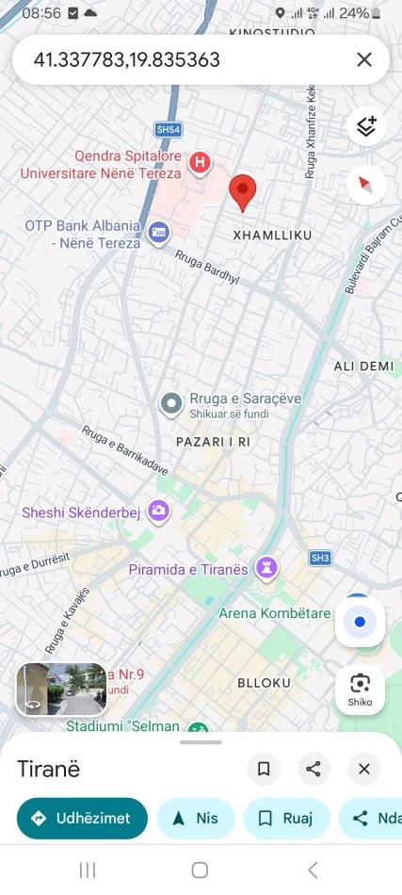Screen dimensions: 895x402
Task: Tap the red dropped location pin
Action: click(244, 191)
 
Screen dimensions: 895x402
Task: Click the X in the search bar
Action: click(364, 60)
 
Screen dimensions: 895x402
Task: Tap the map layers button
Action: click(366, 126)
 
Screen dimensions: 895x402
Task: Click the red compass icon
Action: click(366, 185)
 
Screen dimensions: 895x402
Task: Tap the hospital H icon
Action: click(199, 163)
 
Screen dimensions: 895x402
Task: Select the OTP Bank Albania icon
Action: click(158, 232)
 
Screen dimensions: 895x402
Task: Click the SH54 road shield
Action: click(169, 128)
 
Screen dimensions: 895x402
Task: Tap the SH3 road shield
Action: click(320, 558)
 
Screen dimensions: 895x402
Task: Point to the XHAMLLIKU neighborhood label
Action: click(271, 234)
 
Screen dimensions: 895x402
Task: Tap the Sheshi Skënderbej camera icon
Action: click(159, 511)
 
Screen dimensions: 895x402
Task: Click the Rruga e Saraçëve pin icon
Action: click(171, 404)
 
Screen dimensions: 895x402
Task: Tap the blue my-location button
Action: click(360, 622)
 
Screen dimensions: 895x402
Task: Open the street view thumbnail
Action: click(61, 690)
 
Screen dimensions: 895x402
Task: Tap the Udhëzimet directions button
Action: click(82, 818)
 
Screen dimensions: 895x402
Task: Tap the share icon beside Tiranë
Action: click(314, 769)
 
